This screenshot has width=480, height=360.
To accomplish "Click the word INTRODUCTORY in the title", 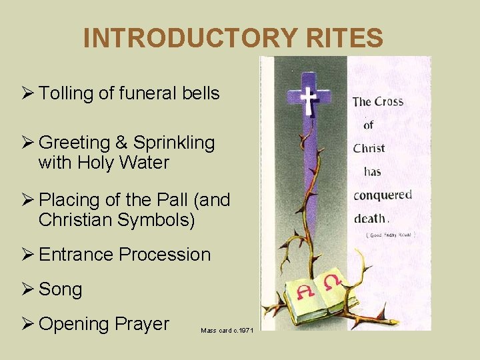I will [174, 38].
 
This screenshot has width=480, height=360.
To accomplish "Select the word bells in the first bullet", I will [201, 93].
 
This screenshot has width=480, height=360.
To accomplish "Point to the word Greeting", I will [74, 143].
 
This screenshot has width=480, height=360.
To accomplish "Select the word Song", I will [61, 290].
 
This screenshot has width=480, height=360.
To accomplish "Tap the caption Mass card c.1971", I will [227, 330].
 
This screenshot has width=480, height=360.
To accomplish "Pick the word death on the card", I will [369, 217].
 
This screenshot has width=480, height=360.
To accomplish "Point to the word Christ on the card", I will [369, 147].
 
